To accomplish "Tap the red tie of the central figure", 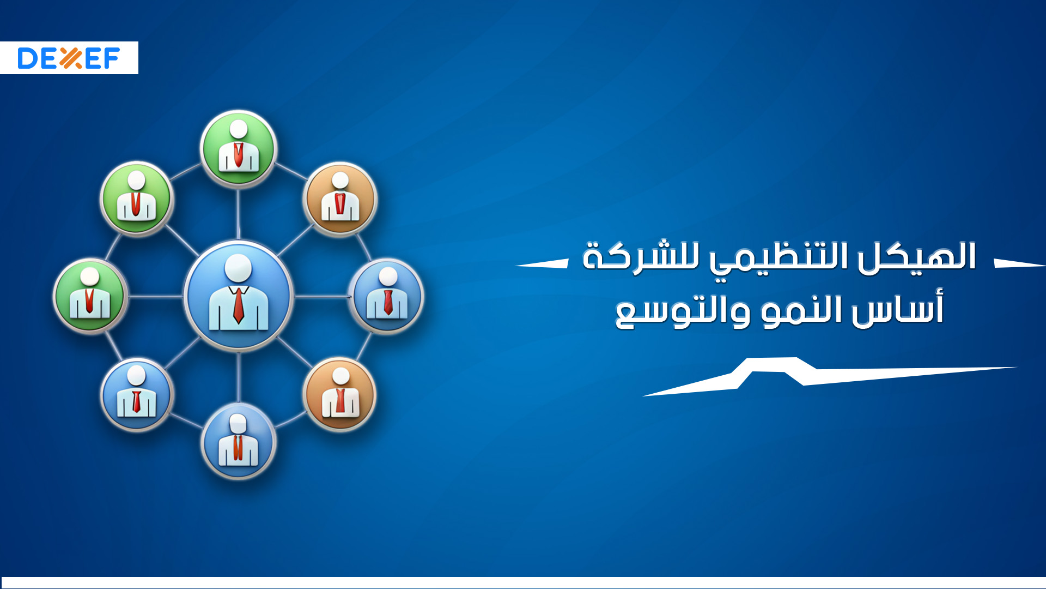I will pos(239,306).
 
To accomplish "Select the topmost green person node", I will pos(239,148).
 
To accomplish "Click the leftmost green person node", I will pos(90,296).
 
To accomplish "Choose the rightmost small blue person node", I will pos(387,296).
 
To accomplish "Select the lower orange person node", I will pos(340,394).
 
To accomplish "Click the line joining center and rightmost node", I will pos(321,297).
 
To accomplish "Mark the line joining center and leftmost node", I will pos(156,297).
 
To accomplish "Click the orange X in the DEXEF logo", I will pos(70,58).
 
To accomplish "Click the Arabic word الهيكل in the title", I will pos(916,256).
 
